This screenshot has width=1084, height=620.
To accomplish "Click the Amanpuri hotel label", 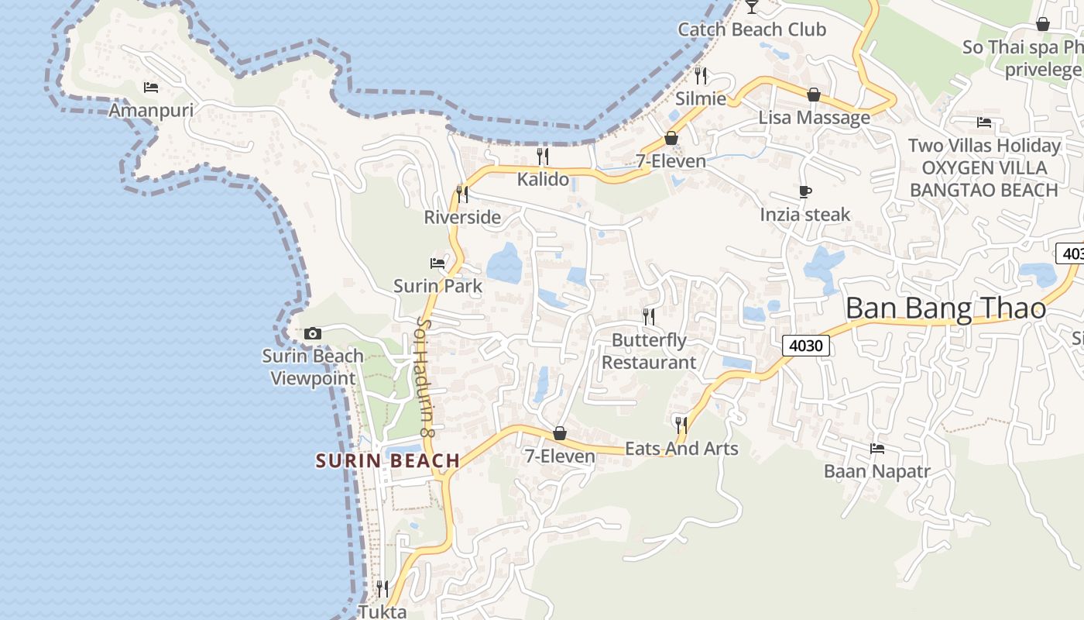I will [x=151, y=110].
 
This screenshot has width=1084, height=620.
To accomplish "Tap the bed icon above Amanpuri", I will [x=151, y=87].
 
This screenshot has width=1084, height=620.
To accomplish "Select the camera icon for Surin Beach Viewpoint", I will [x=313, y=333].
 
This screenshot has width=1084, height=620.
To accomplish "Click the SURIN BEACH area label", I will [x=388, y=461].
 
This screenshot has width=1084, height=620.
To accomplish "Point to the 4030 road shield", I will [x=805, y=346].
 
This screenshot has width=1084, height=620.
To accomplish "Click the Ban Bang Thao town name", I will [x=945, y=308].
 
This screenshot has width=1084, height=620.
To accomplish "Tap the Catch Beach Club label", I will [x=752, y=29].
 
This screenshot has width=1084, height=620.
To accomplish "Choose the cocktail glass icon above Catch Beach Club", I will [x=751, y=7].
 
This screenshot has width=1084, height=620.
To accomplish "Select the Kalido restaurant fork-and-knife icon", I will [x=543, y=157].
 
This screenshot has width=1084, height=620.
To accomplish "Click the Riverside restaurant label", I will [x=462, y=217].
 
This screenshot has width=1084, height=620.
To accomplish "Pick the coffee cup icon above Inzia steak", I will [x=805, y=191].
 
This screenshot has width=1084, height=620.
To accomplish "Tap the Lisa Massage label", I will [x=814, y=118].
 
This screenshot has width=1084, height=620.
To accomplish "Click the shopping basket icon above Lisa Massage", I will [x=814, y=95].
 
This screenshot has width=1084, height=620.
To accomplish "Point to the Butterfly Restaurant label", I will [x=649, y=351].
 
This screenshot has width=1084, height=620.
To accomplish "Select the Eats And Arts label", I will [x=681, y=448].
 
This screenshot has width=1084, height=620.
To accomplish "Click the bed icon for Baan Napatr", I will [x=877, y=448].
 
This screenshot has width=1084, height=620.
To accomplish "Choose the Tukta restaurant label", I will [x=382, y=611].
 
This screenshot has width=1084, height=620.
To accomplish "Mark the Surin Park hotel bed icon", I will [x=437, y=263].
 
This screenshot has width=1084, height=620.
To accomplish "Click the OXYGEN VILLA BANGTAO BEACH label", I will [x=983, y=179].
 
